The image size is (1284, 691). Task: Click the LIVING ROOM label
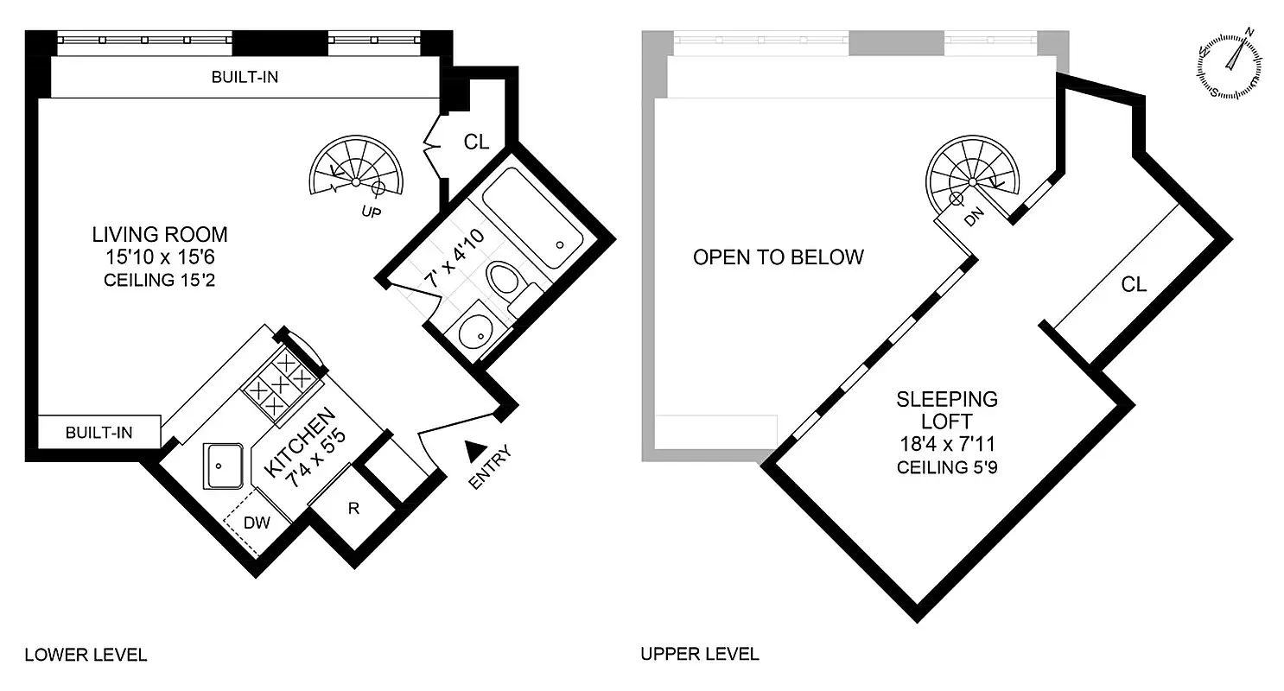point(160,234)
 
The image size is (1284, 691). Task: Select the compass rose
point(1231,67)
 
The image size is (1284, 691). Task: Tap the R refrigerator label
point(353,508)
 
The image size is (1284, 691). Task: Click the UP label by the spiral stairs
point(371,211)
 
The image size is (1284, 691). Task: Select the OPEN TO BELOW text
point(778,257)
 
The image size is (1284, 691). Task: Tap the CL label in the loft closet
point(1134,284)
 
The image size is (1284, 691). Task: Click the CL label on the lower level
point(477,142)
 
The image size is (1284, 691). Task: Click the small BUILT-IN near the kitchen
point(99,432)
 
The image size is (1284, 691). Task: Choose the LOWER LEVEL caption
point(86,654)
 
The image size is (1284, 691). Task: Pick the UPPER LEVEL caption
point(700,654)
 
